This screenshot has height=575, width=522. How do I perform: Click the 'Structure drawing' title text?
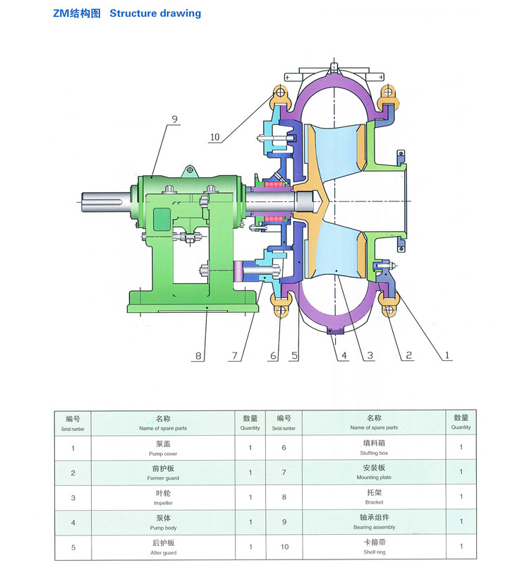pos(155,13)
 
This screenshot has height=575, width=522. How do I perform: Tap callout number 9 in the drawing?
pos(174,119)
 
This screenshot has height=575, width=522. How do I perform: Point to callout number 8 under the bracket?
pos(198,357)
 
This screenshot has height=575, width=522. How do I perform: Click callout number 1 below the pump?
pos(446,355)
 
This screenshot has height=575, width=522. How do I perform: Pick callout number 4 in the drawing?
pos(343,356)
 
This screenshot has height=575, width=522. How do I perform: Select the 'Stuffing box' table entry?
pos(374,448)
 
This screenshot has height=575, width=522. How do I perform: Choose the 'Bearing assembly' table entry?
pos(374,522)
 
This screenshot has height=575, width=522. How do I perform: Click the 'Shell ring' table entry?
pos(374,547)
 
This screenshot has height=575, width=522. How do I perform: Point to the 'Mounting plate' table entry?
pos(374,473)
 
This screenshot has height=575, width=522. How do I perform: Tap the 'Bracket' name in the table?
pos(374,497)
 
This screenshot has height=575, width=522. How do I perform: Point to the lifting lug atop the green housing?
pos(189,170)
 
